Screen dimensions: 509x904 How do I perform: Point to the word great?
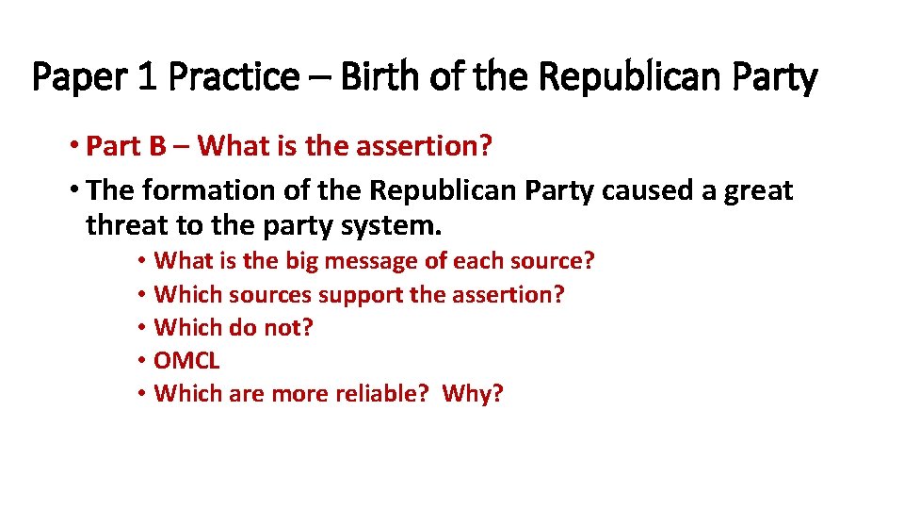pos(759,191)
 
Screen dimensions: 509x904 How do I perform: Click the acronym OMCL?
pos(186,360)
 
